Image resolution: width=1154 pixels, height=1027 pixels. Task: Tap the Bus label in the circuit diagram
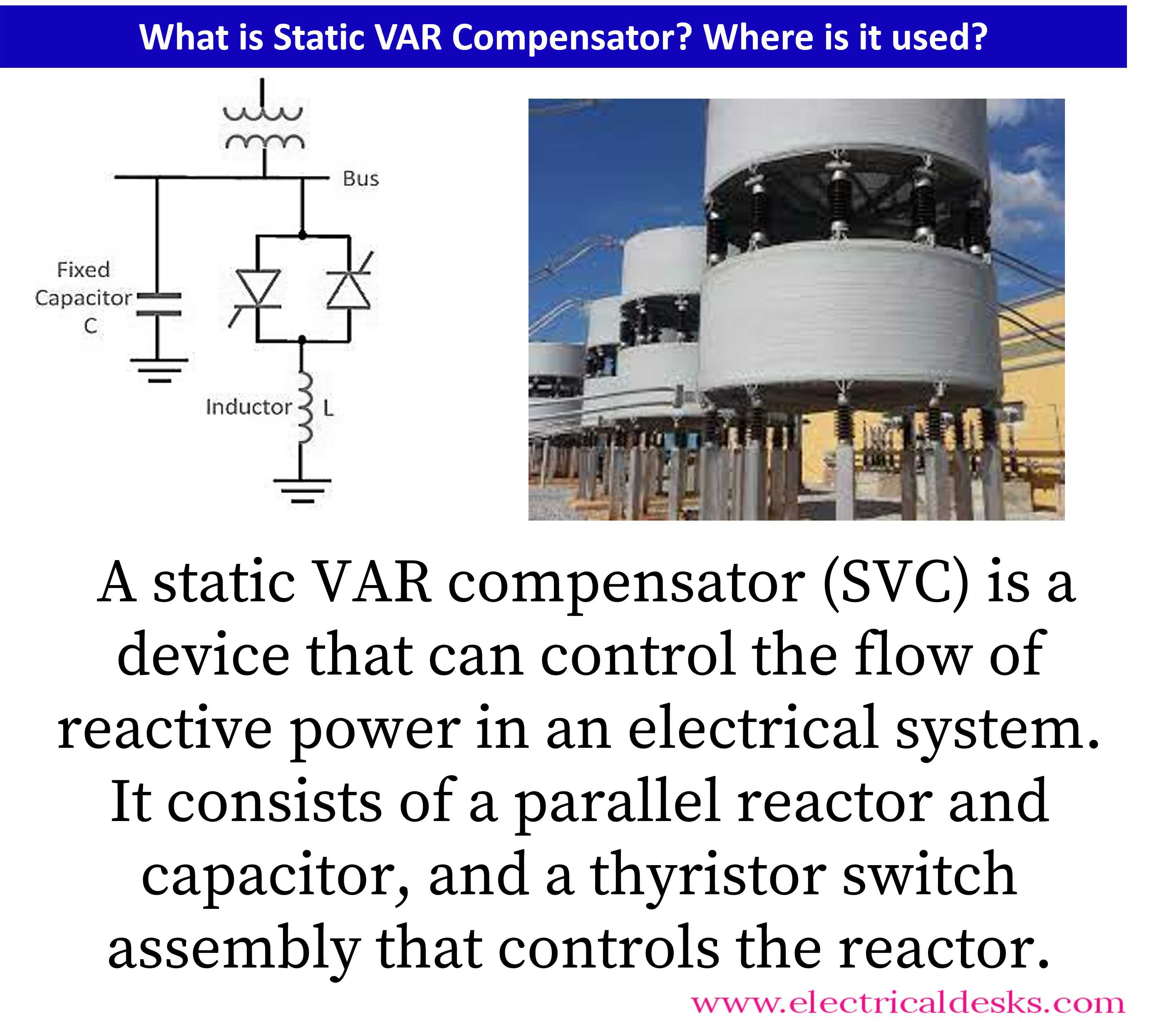tap(361, 179)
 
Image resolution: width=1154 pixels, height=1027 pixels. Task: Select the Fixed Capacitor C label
tap(84, 298)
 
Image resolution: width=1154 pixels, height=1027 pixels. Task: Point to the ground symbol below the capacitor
tap(159, 370)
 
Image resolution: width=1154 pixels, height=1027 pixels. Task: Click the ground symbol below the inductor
tap(302, 491)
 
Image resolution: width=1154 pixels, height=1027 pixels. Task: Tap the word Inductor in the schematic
tap(248, 407)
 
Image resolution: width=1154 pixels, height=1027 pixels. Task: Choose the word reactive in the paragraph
tap(165, 730)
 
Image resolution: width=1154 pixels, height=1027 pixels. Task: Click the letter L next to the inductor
tap(329, 408)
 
